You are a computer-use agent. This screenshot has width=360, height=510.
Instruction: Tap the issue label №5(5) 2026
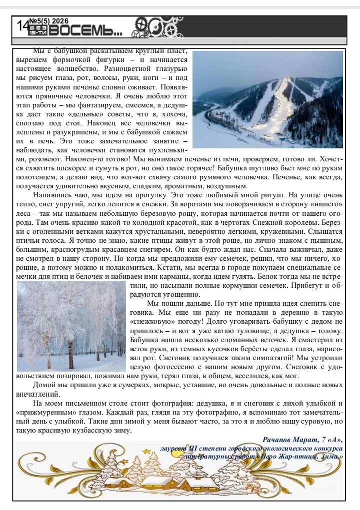(x=48, y=21)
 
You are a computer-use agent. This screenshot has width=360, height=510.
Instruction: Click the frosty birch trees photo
(x=71, y=326)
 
